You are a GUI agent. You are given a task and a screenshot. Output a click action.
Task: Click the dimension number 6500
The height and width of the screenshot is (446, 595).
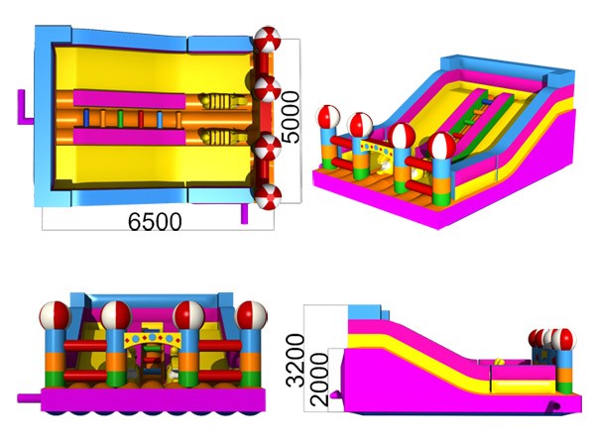(155, 221)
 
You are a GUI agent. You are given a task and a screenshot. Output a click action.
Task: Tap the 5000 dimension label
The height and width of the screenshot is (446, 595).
(292, 117)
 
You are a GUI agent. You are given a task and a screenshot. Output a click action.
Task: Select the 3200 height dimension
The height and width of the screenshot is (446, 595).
(296, 361)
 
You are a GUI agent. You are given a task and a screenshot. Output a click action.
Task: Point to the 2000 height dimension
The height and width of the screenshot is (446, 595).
(318, 380)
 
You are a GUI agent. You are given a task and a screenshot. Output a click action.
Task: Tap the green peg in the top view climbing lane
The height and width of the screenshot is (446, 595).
(120, 119)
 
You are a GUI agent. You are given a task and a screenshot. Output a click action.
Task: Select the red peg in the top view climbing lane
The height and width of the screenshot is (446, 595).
(141, 119)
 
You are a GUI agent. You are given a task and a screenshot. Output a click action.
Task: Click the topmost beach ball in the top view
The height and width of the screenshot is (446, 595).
(267, 40)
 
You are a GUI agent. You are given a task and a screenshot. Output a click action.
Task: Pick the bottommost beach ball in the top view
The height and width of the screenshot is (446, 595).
(268, 196)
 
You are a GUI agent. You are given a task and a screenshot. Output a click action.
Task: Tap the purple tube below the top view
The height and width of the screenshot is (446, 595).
(244, 213)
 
